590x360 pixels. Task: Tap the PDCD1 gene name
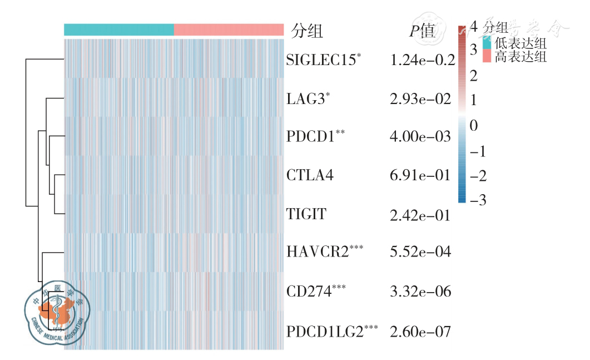click(311, 137)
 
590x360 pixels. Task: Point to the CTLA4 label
click(310, 176)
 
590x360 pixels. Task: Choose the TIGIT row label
click(306, 214)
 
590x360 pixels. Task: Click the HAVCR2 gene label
click(318, 252)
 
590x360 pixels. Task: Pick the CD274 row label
click(308, 291)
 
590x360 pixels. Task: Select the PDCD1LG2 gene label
click(325, 332)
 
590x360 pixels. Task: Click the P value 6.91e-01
click(420, 176)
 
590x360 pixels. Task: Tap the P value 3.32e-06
click(420, 291)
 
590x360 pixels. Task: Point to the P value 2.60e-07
click(420, 332)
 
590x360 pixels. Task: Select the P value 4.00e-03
click(420, 137)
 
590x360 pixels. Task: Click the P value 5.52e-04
click(420, 252)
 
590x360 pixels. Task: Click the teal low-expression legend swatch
click(487, 43)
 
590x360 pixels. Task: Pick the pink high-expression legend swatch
click(487, 56)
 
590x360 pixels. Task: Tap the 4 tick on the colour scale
click(474, 26)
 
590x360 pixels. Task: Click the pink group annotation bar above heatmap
click(229, 29)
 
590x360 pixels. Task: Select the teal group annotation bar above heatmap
click(119, 29)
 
